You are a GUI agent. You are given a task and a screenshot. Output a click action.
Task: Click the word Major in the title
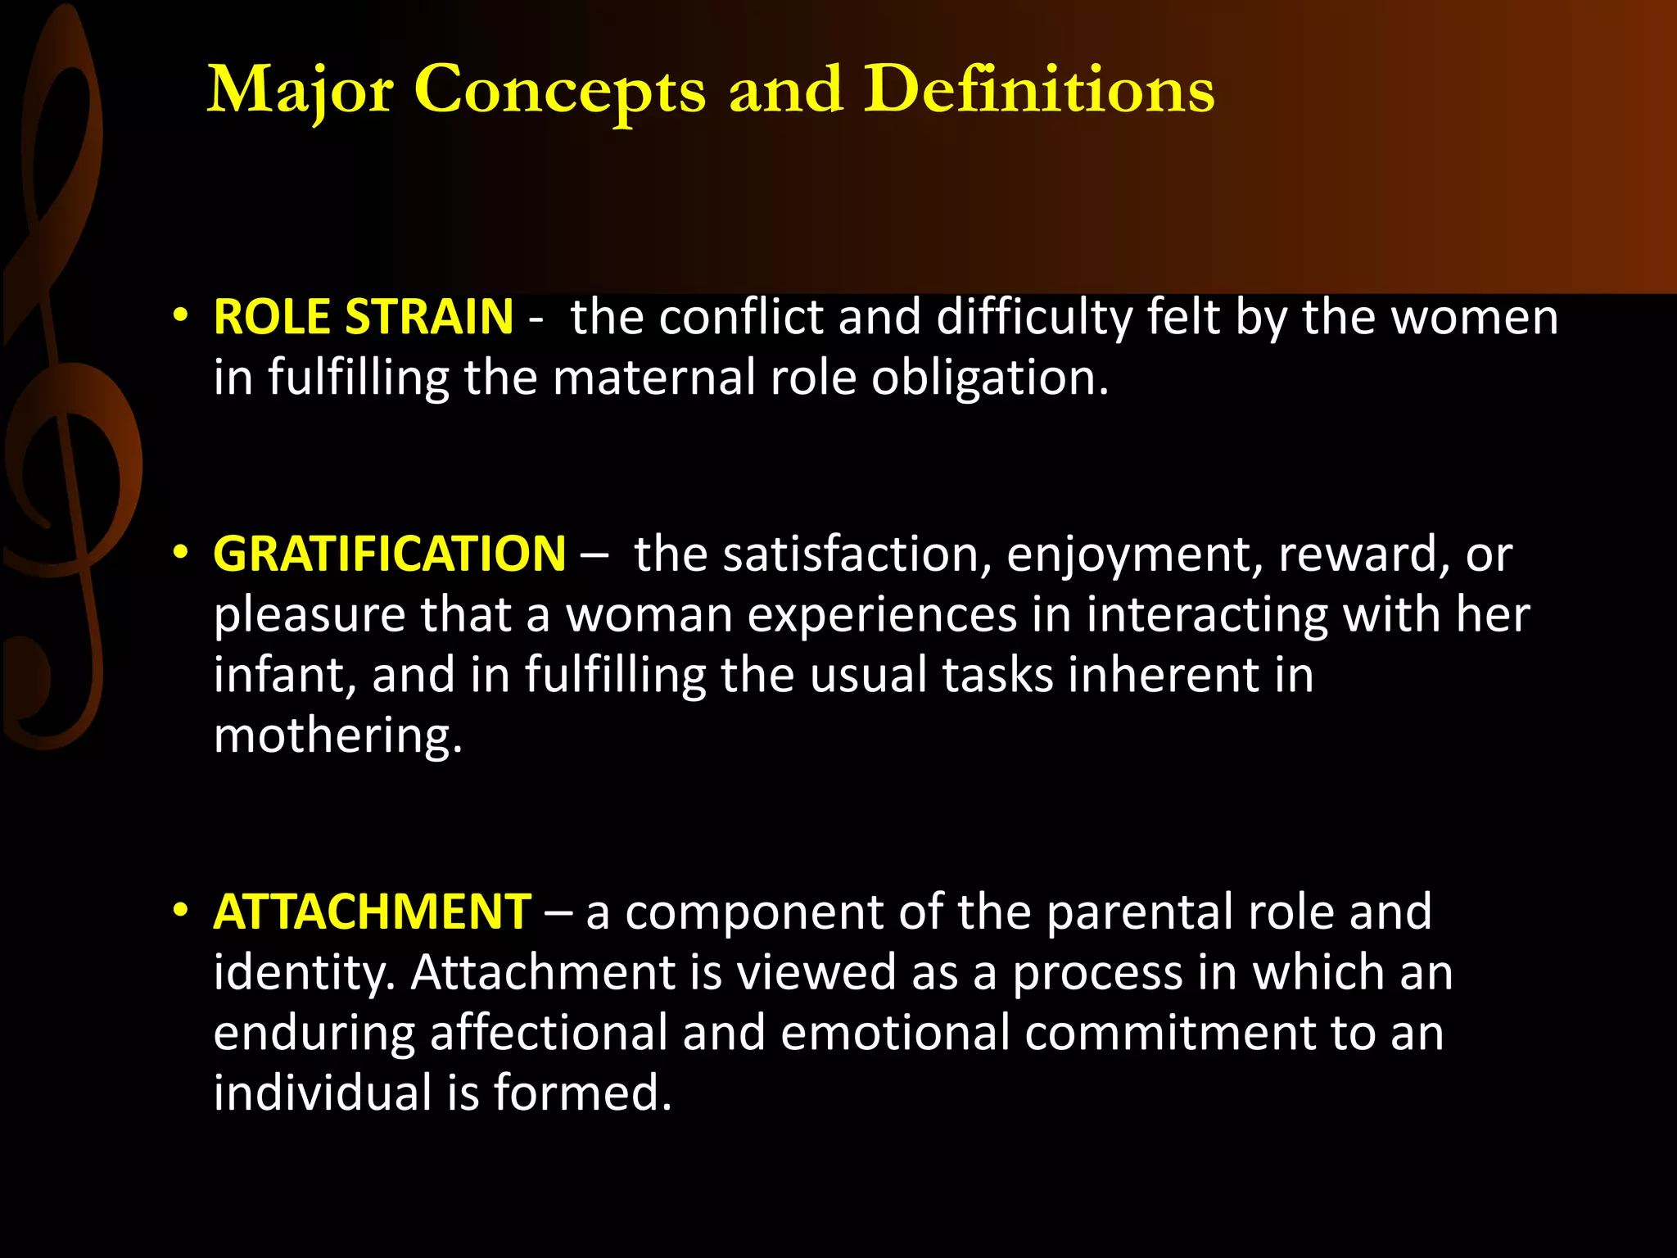[300, 90]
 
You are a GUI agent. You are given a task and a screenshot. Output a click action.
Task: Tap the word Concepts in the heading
[559, 90]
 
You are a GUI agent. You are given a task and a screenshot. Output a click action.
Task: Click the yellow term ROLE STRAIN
[363, 317]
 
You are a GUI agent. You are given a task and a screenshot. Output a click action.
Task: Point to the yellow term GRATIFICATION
[389, 554]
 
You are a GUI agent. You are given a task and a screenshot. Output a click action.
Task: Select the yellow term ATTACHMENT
[372, 912]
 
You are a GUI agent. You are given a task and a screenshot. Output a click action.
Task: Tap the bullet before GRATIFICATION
[181, 554]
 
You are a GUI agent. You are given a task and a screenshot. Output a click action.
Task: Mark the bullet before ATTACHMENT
[181, 911]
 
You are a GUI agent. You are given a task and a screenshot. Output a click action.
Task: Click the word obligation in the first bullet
[989, 378]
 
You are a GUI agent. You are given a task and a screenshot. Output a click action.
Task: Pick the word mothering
[337, 735]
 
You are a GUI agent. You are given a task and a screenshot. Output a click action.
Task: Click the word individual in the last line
[322, 1093]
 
